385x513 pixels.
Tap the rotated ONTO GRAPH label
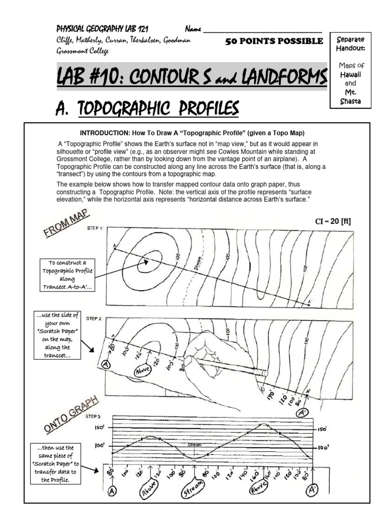(x=70, y=412)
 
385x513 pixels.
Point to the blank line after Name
(x=263, y=30)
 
